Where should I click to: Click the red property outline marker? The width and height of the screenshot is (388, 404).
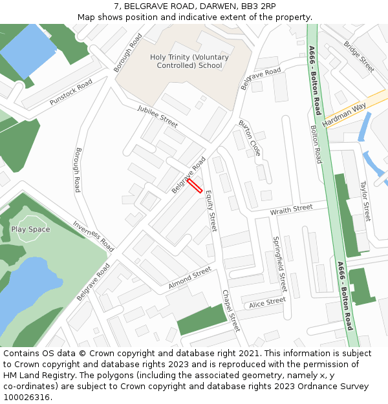click(x=195, y=186)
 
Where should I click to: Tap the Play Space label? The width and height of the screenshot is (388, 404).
click(x=30, y=229)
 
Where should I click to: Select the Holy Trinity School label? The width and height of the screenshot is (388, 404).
click(x=189, y=61)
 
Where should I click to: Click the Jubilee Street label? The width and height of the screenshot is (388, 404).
click(x=157, y=117)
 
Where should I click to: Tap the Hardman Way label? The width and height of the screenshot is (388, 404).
click(x=344, y=112)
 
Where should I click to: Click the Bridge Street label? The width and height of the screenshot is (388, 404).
click(x=359, y=57)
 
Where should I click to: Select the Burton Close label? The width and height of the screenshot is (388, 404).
click(x=250, y=138)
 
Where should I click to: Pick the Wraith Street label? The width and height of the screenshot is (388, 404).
click(x=291, y=209)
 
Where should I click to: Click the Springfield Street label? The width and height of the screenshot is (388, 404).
click(x=279, y=263)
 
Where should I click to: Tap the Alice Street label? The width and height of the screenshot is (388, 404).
click(x=267, y=302)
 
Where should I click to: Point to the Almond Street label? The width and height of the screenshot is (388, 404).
click(x=189, y=278)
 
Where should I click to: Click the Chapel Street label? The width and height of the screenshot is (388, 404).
click(x=231, y=310)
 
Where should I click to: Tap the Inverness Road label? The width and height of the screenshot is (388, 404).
click(x=93, y=237)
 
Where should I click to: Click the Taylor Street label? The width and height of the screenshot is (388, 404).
click(x=365, y=201)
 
